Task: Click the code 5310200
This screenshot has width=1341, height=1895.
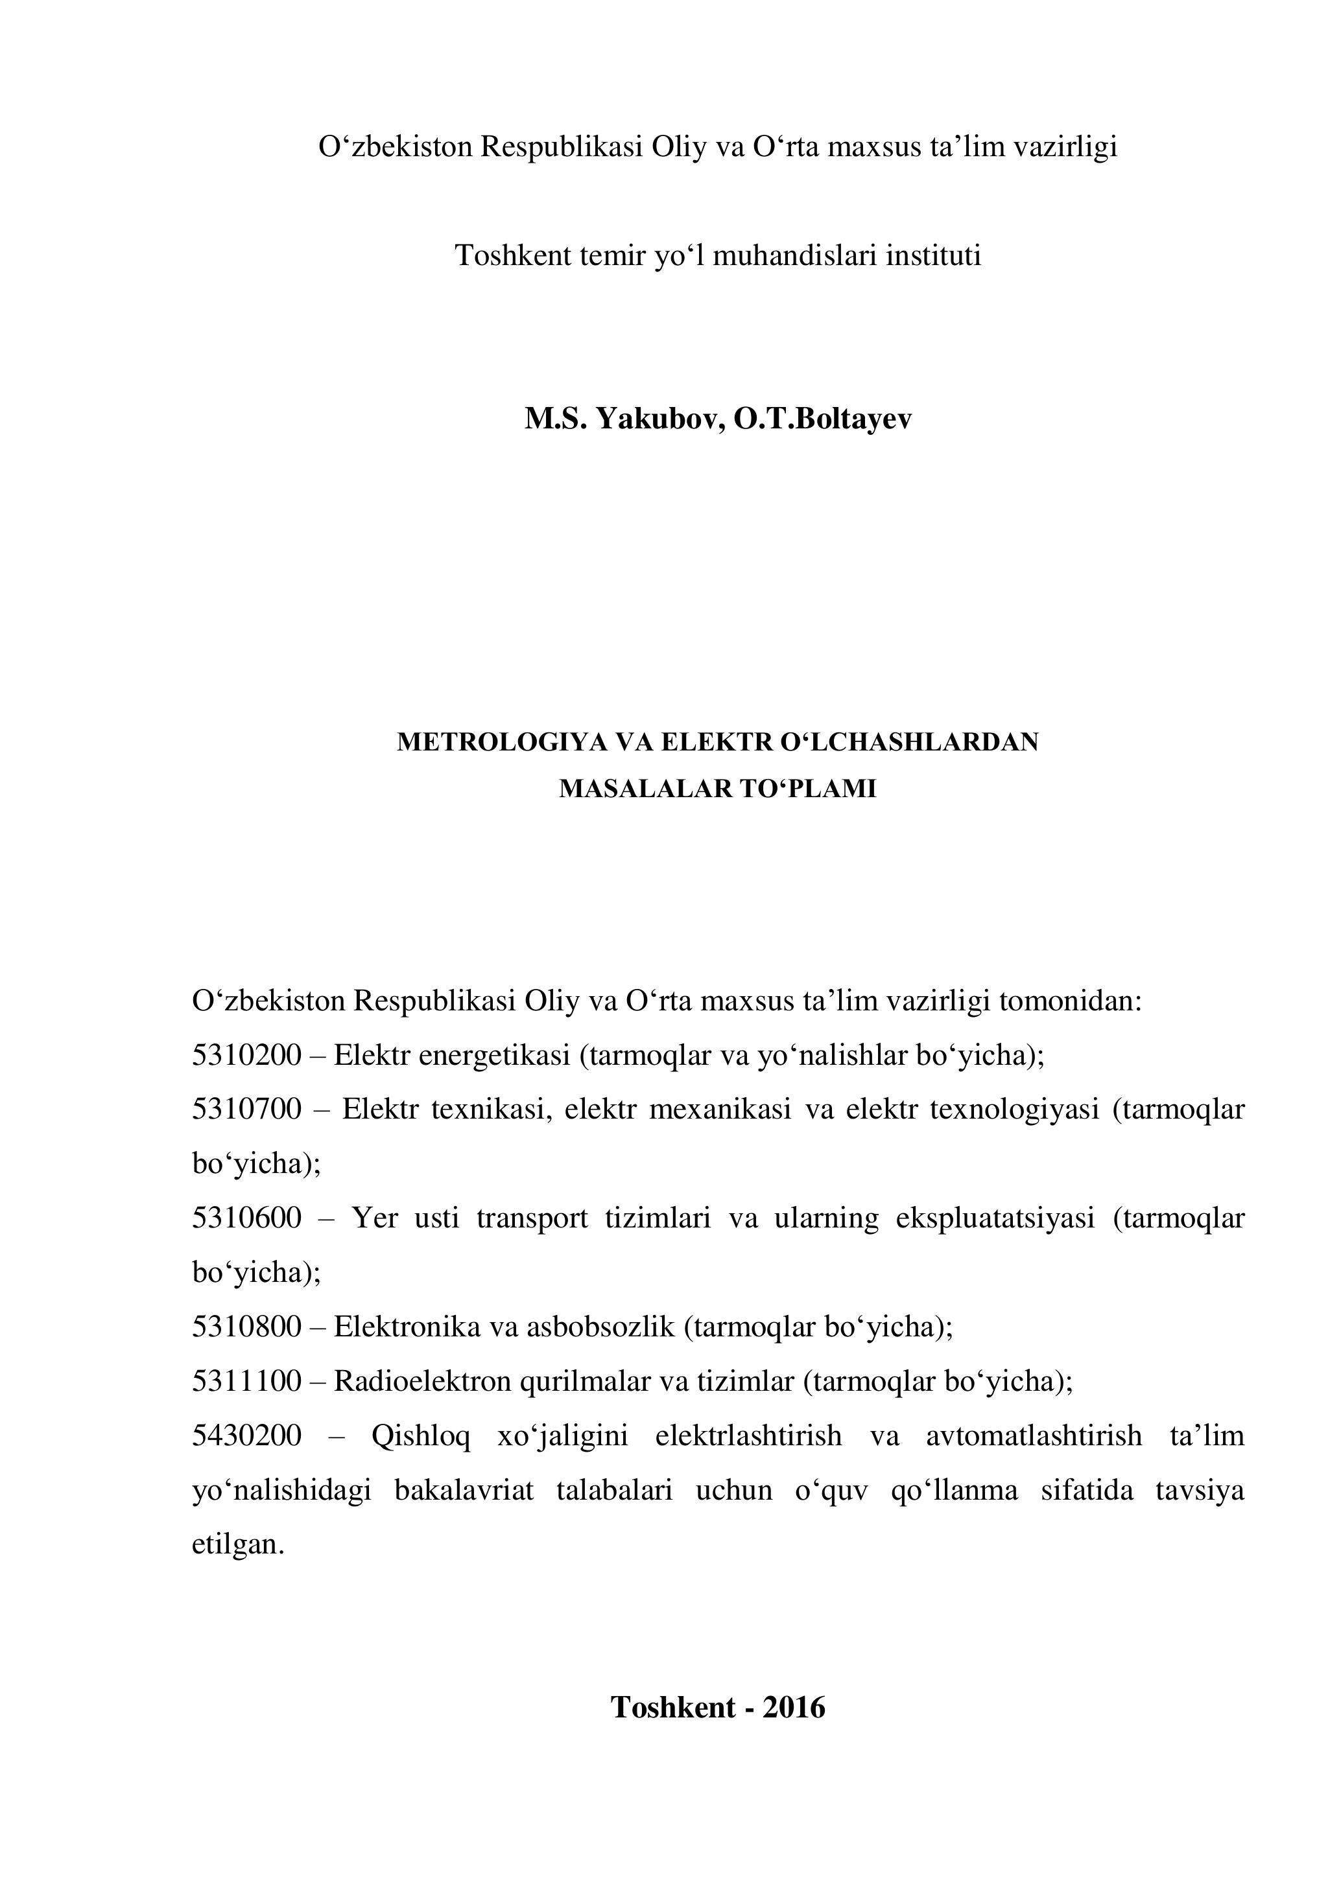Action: pyautogui.click(x=247, y=1055)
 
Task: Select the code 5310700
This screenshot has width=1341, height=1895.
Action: pyautogui.click(x=247, y=1110)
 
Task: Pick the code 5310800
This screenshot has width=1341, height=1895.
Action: pyautogui.click(x=247, y=1327)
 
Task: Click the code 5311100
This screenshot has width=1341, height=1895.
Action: pyautogui.click(x=247, y=1381)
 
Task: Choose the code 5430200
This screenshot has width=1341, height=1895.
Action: pyautogui.click(x=247, y=1436)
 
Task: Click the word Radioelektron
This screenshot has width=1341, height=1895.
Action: pyautogui.click(x=422, y=1381)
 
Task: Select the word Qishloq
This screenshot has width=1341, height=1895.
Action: pyautogui.click(x=420, y=1437)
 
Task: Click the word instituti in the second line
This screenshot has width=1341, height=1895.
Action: pyautogui.click(x=933, y=256)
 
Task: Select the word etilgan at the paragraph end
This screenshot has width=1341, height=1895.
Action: pyautogui.click(x=238, y=1545)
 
